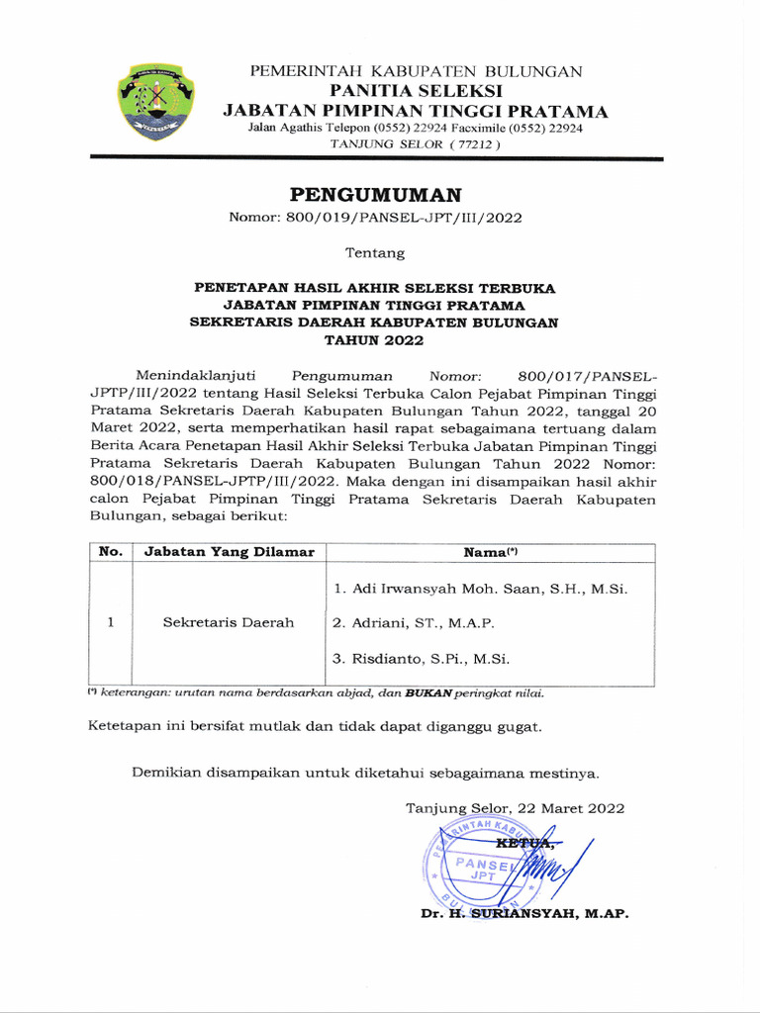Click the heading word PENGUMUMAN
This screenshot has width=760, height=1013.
tap(375, 194)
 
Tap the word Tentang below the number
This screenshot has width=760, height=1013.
tap(375, 253)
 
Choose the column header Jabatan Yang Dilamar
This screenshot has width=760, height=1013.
tap(230, 552)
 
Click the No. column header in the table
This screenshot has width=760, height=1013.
tap(110, 552)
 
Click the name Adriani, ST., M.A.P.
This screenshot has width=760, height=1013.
tap(413, 623)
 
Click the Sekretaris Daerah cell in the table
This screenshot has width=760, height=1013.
tap(229, 623)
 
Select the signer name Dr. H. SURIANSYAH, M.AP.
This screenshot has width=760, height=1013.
tap(524, 914)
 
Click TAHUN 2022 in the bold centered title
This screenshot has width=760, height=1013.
tap(375, 340)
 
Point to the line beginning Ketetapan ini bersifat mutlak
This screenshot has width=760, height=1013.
tap(316, 727)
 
